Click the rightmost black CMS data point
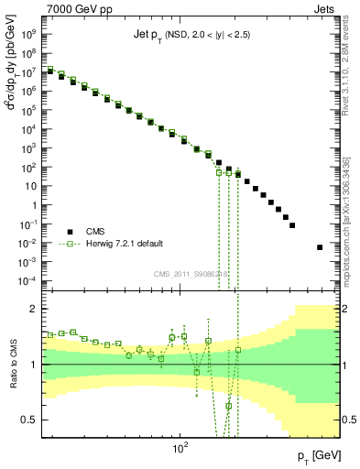pos(320,247)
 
